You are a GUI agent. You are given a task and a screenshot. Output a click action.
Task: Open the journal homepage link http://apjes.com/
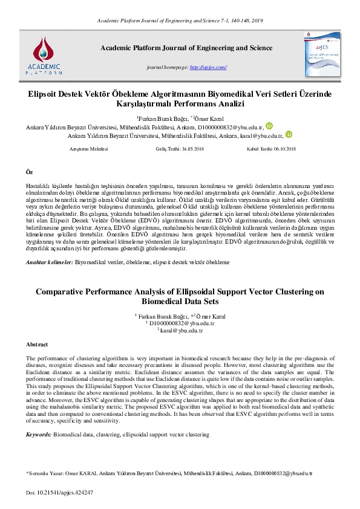208,66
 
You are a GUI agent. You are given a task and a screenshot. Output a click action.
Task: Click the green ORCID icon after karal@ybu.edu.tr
289,135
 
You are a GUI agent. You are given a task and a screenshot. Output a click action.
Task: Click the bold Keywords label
39,417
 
